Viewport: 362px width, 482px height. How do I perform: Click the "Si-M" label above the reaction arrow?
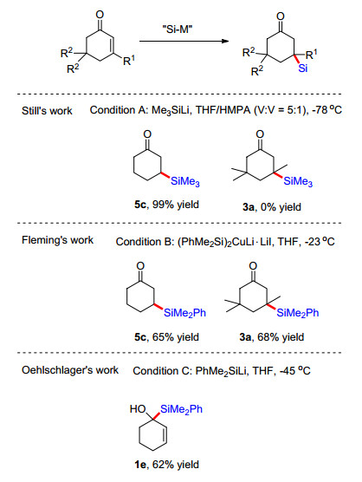178,29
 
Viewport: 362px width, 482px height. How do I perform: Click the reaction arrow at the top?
184,42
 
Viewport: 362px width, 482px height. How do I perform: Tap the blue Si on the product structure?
302,68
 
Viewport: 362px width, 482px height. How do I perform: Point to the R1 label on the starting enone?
129,61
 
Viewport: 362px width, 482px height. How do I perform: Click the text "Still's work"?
47,111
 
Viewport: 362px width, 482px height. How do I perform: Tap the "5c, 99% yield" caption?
166,205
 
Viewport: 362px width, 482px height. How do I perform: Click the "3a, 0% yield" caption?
272,207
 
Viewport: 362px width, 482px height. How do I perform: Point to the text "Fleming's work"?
57,240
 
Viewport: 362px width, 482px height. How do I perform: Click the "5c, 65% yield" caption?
166,337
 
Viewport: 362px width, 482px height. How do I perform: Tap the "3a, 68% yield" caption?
272,337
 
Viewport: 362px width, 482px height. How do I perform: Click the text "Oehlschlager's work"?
70,370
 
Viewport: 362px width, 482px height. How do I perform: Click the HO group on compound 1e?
138,409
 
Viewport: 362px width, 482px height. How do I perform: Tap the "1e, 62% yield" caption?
166,464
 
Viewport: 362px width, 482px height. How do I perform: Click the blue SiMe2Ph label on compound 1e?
181,409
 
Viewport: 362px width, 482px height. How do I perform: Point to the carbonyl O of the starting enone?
100,15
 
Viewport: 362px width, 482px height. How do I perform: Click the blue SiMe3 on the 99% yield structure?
185,181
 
